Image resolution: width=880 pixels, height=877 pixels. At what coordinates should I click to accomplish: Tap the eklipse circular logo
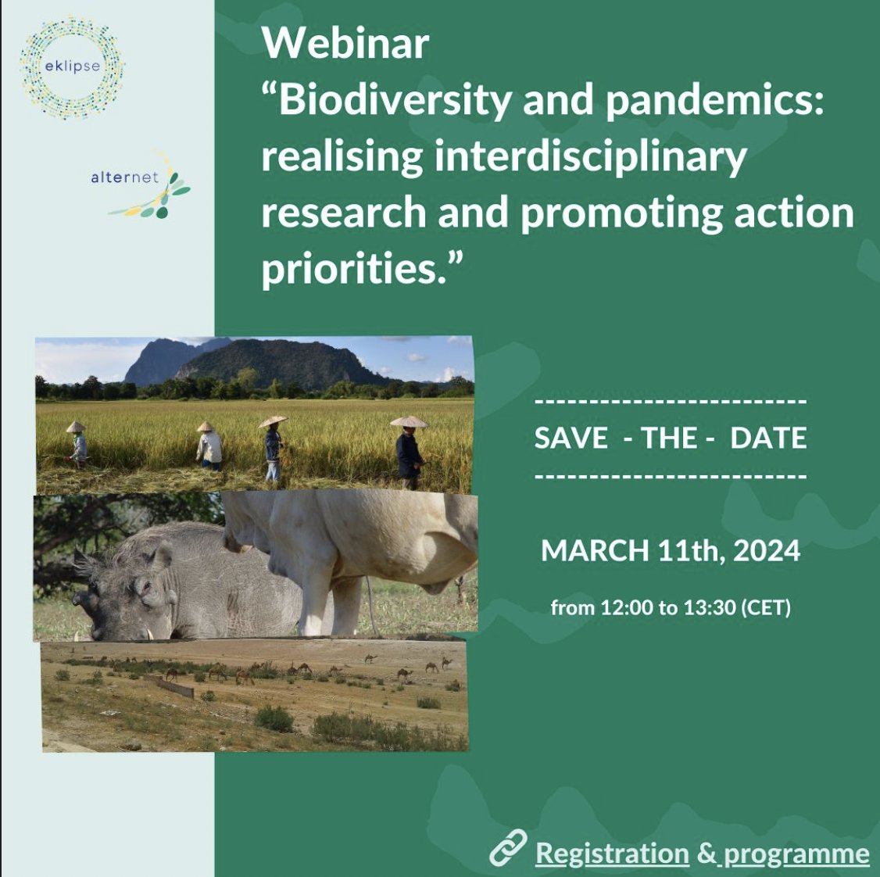pos(72,67)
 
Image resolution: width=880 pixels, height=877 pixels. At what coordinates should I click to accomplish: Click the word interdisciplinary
pos(590,156)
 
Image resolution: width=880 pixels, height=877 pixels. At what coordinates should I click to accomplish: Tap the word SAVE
pos(571,438)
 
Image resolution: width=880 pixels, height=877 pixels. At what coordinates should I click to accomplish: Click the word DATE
pos(767,438)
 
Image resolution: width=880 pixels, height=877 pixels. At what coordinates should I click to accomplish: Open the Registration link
pos(612,854)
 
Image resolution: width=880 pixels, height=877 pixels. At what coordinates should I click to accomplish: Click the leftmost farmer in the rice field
pos(77,443)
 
